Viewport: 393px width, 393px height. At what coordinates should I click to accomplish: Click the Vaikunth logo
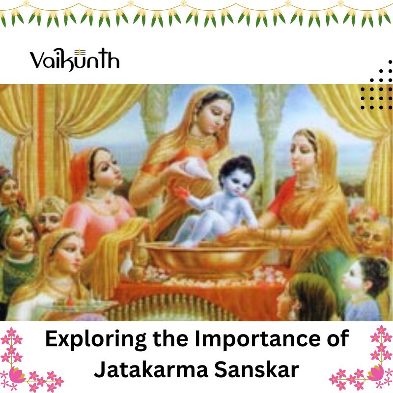pos(75,59)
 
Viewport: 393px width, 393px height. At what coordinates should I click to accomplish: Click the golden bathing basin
pos(205,258)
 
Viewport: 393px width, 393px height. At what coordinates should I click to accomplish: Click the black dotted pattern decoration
pos(376,84)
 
